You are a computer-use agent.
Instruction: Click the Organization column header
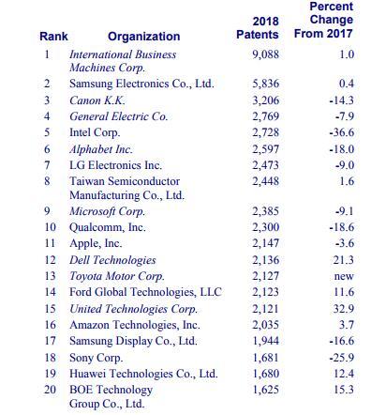143,37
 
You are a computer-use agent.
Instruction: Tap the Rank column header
53,37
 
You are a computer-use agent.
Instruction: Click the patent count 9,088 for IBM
265,54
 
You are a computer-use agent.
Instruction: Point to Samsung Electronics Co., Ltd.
141,84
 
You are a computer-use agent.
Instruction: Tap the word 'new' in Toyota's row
344,276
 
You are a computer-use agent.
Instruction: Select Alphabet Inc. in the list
101,149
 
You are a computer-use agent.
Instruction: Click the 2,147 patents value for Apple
265,243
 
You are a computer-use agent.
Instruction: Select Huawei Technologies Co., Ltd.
143,373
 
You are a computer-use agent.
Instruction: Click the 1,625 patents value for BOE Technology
265,389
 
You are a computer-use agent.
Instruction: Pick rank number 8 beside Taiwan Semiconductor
48,181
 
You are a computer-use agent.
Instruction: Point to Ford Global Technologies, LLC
145,292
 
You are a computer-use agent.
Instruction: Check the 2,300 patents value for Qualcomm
265,227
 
